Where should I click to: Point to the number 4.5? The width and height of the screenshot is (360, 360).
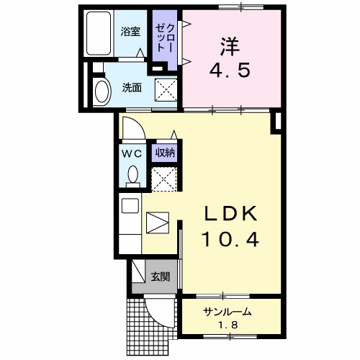coord(230,72)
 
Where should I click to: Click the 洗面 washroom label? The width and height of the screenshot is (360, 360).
coord(131,88)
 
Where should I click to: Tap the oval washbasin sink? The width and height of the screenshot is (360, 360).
coord(102,92)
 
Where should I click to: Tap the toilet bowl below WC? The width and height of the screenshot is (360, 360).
coord(132,174)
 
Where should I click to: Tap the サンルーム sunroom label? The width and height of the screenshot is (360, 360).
coord(227,312)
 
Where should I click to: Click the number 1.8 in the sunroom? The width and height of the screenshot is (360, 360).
coord(227,325)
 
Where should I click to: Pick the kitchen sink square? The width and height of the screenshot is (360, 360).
coord(130,204)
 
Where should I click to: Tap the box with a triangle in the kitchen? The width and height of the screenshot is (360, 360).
coord(156,222)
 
